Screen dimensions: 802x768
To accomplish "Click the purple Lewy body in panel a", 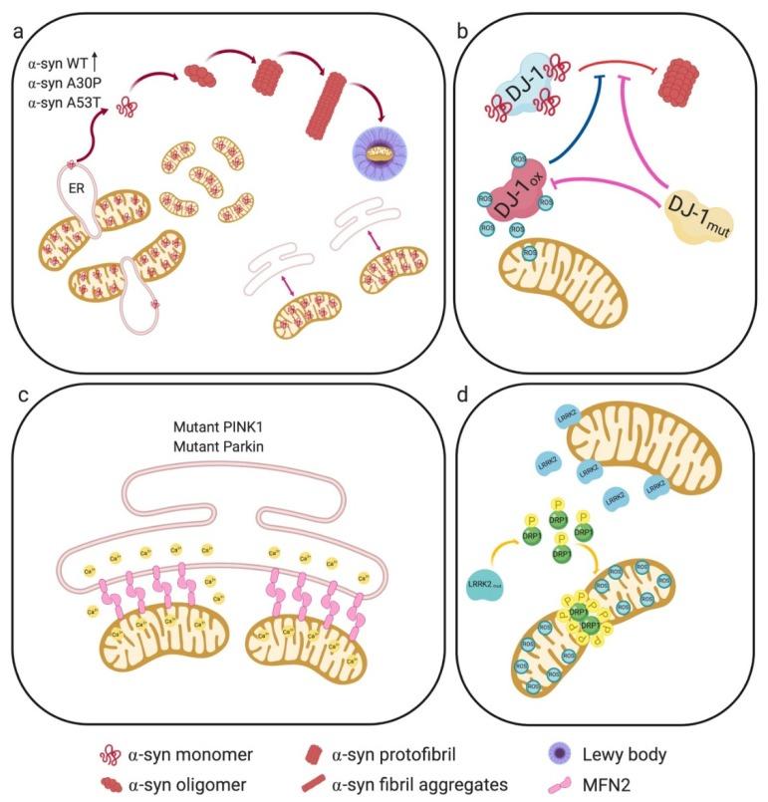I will click(384, 155).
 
